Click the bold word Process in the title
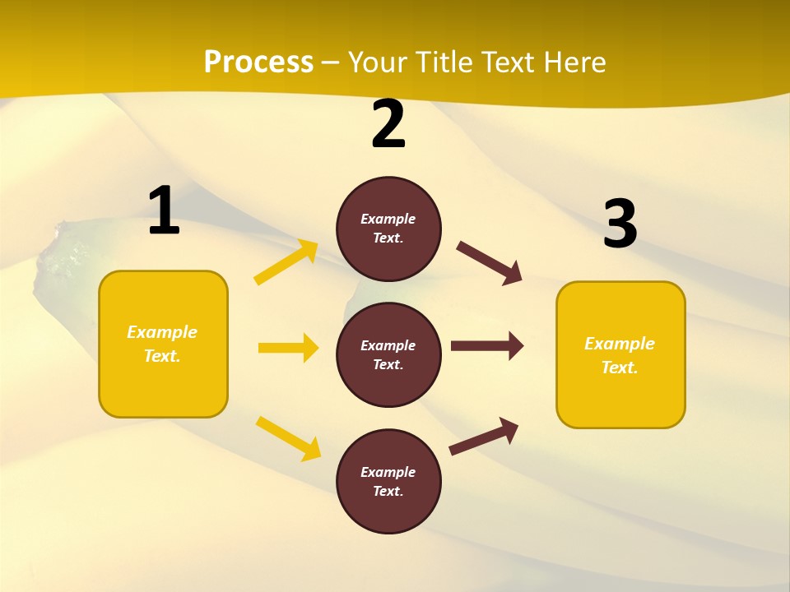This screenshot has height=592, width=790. pos(258,62)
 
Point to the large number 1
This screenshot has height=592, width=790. pos(164,211)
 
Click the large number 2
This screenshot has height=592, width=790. pos(388,125)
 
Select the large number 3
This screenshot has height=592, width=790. pos(620,224)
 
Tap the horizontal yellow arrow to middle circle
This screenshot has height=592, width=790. pos(288,348)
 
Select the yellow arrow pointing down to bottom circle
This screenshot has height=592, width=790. pos(288,438)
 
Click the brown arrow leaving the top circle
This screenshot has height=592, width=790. pos(489,262)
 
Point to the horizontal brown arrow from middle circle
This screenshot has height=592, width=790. pos(486,346)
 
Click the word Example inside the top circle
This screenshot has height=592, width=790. pos(388,219)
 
